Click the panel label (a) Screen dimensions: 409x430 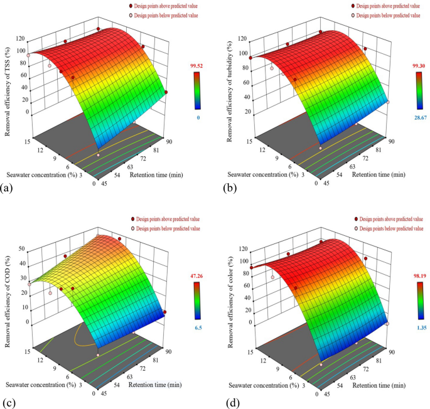click(8, 188)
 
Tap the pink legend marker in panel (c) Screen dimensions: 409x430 click(133, 229)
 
